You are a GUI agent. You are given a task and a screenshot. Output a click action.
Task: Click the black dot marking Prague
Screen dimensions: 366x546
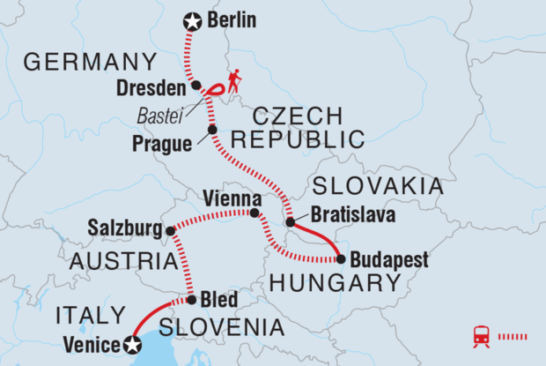click(x=211, y=131)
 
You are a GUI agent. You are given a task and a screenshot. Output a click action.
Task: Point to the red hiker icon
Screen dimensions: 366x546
click(x=235, y=82)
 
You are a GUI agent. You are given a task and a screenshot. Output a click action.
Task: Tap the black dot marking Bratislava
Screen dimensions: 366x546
click(x=290, y=223)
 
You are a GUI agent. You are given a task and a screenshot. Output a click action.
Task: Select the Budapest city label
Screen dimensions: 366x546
click(x=389, y=260)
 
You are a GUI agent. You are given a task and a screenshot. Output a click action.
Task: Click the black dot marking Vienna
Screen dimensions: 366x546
click(x=255, y=213)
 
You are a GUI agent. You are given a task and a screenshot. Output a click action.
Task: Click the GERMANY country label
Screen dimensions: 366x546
click(x=90, y=62)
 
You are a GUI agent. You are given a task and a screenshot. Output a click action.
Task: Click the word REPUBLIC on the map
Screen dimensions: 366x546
click(x=299, y=139)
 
